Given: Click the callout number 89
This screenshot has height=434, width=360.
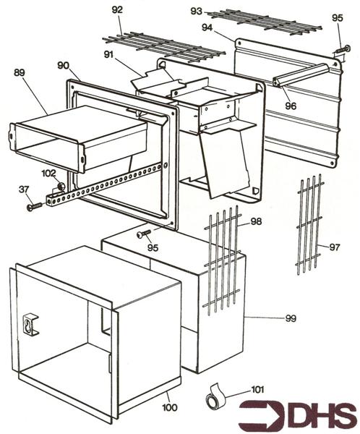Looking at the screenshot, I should click(20, 72).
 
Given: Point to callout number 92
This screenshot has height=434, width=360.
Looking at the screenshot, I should click(116, 9).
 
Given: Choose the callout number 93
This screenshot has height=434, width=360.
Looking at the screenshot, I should click(196, 11).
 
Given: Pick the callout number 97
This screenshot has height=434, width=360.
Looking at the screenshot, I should click(334, 247).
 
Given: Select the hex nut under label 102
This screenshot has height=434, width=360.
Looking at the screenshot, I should click(61, 187).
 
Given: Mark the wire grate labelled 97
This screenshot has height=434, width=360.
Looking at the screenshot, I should click(309, 224).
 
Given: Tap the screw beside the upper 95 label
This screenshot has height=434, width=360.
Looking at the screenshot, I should click(339, 50).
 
